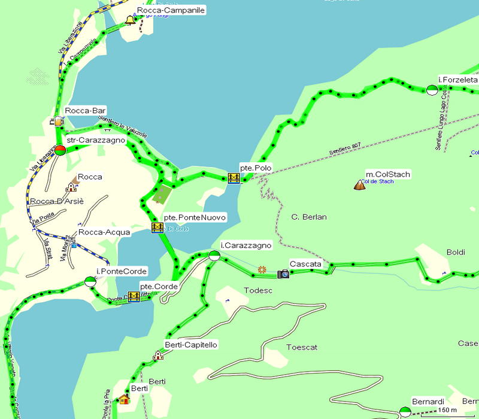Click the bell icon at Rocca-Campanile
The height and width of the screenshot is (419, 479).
(129, 21)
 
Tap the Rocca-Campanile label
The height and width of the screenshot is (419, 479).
(171, 10)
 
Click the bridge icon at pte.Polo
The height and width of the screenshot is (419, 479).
(234, 178)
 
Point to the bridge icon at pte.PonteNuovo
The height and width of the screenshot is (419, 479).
(157, 227)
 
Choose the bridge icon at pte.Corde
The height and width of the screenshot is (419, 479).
(134, 297)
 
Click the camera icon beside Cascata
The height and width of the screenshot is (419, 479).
(283, 274)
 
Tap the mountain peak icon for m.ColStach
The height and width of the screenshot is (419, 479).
(360, 185)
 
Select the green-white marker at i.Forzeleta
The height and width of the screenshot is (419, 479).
(432, 90)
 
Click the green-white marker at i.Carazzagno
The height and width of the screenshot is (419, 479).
(214, 256)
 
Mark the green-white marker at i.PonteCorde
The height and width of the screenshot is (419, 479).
(90, 281)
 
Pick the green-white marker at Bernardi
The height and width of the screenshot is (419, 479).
(405, 411)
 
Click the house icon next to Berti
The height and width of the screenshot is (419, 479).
(124, 399)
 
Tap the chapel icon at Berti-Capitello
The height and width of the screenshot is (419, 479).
(158, 355)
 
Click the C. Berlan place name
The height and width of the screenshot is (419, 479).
(309, 217)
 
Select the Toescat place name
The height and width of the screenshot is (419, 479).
(302, 347)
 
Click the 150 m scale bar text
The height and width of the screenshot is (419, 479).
(448, 409)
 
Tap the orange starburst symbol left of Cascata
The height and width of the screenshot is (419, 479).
(262, 270)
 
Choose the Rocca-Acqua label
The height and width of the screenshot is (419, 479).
(105, 232)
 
